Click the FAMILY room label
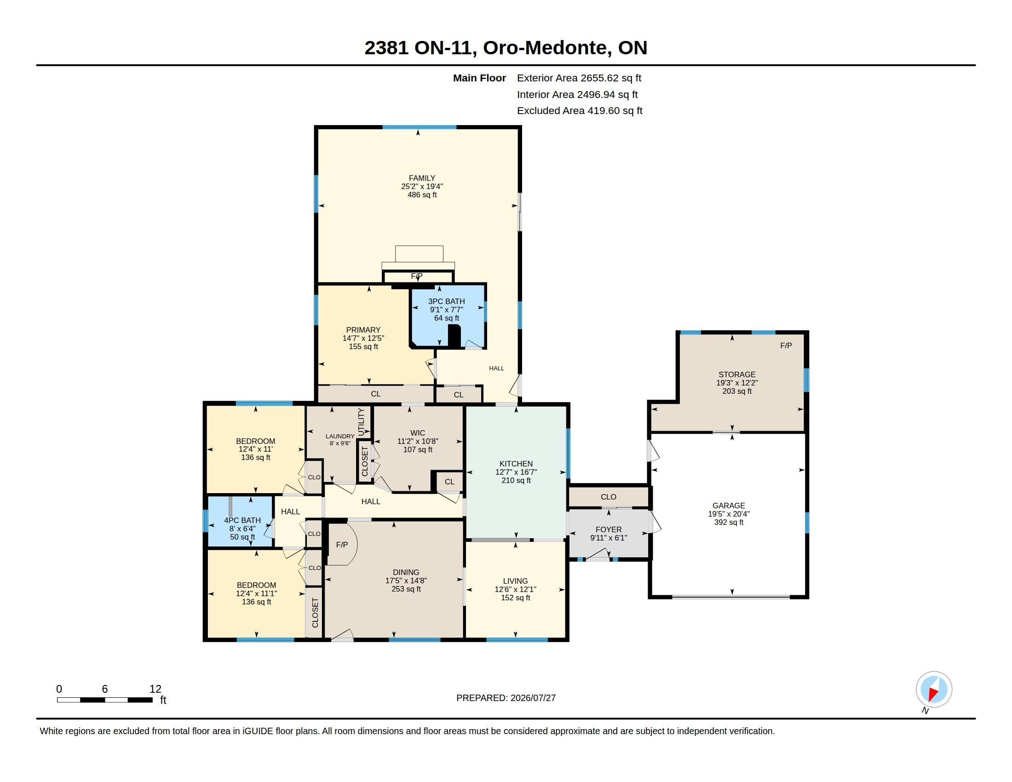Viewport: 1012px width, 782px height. coord(422,178)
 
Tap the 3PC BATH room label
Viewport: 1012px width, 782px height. coord(446,301)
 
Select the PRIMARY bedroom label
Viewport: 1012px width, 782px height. coord(363,330)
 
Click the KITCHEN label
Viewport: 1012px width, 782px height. coord(516,464)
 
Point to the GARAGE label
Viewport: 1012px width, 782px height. coord(729,506)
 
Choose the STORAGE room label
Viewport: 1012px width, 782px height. coord(737,374)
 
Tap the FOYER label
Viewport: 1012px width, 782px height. coord(609,529)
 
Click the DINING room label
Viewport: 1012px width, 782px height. coord(406,572)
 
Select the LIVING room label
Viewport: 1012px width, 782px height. coord(515,581)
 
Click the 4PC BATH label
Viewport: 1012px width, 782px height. coord(242,520)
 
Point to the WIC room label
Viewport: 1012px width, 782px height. coord(418,433)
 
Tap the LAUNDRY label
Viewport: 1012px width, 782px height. coord(339,437)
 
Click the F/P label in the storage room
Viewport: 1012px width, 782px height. coord(786,345)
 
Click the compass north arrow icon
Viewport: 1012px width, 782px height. coord(934,690)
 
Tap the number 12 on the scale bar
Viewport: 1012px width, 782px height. coord(155,689)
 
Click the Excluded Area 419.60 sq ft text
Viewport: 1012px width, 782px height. coord(580,111)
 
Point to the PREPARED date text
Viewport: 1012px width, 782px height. coord(506,698)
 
